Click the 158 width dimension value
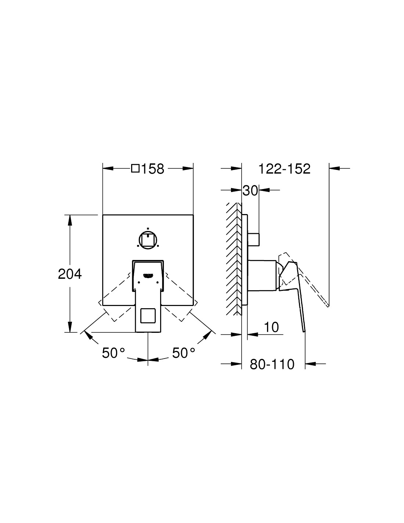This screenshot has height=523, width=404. click(153, 169)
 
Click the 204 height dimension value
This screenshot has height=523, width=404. click(70, 274)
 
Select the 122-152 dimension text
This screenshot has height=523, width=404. click(284, 169)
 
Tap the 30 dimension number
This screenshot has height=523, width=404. click(250, 191)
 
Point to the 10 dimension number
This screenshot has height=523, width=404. click(271, 327)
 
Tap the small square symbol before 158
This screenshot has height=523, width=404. click(136, 168)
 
